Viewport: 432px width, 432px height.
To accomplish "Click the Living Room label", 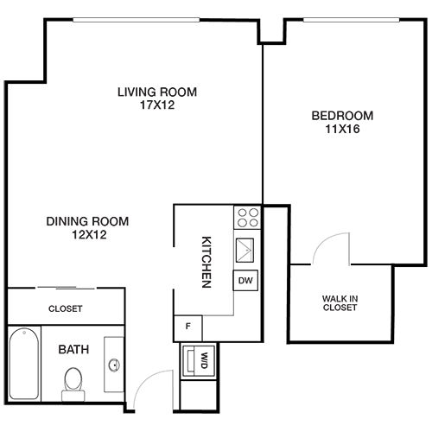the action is point(157,92).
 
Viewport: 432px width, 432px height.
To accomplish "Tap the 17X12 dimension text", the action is point(157,105).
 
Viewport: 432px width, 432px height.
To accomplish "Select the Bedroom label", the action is point(342,116).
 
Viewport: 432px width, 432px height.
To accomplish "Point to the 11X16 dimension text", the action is point(342,129).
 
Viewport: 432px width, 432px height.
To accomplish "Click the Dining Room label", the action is point(87,221).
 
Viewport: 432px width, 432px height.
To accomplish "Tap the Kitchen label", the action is point(206,262).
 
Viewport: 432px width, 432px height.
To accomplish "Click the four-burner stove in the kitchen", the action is point(248,218).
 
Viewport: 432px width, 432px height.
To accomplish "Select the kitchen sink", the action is point(245,251).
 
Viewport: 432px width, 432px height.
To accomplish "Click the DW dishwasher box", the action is point(245,280).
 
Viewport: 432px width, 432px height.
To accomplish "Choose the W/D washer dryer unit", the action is point(199,361).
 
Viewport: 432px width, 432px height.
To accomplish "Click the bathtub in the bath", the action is point(24,364).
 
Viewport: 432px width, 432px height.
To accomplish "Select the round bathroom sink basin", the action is point(114,365).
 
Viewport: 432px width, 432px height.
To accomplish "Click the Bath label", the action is point(73,350).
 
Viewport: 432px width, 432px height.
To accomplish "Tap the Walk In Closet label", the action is point(340,303).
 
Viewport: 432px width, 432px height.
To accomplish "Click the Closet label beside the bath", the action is point(66,308).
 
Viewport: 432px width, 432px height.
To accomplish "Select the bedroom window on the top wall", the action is point(352,20).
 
